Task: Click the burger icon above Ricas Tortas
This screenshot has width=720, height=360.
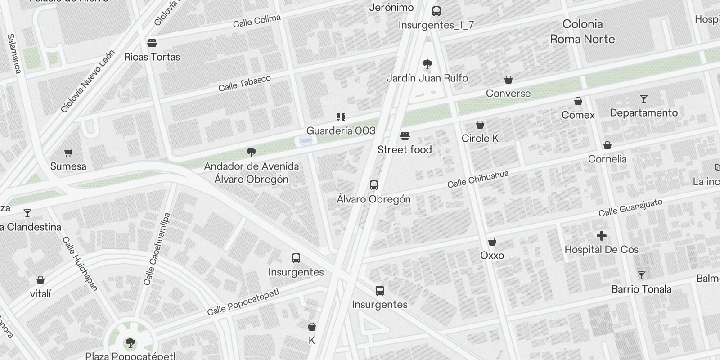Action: pos(152,43)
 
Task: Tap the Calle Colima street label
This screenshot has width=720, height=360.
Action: pos(256,21)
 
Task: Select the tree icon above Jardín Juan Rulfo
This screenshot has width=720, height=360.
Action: pos(427,64)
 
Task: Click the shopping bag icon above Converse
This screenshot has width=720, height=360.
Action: pos(508,80)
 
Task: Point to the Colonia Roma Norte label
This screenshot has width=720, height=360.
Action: pos(582,31)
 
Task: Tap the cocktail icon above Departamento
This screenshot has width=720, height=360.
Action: pos(644,99)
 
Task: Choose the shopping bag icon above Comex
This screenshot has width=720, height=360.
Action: pos(578,101)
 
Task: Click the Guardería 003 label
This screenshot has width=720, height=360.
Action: pos(341,130)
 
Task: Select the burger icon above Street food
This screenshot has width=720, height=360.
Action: pos(405,136)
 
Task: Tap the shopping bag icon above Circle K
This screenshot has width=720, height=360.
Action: pos(480,125)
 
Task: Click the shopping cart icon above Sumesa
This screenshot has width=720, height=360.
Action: pos(68,153)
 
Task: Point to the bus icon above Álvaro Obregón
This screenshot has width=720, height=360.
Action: pos(373,185)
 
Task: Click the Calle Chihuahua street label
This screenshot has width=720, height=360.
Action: pos(478,179)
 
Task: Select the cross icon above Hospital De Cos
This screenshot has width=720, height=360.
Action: pos(601,236)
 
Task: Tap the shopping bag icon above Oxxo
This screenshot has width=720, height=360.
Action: pos(492,242)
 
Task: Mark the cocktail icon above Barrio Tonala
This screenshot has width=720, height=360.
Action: pos(642,275)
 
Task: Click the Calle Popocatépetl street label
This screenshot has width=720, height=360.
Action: pos(243,301)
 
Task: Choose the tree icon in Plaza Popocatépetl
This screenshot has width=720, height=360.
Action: pos(130,343)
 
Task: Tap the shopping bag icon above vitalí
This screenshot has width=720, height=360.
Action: pos(40,280)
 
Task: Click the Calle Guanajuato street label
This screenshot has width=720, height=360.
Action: pos(630,207)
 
